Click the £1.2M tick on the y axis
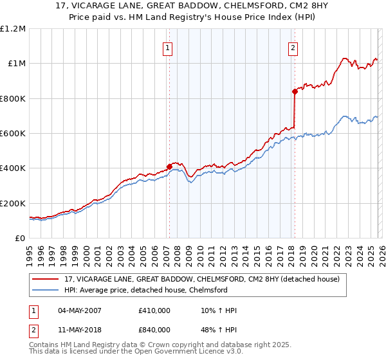(x=14, y=29)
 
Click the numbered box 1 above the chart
(x=168, y=47)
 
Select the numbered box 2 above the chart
(x=293, y=47)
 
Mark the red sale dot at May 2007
(x=169, y=166)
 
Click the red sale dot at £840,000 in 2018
(x=294, y=92)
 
